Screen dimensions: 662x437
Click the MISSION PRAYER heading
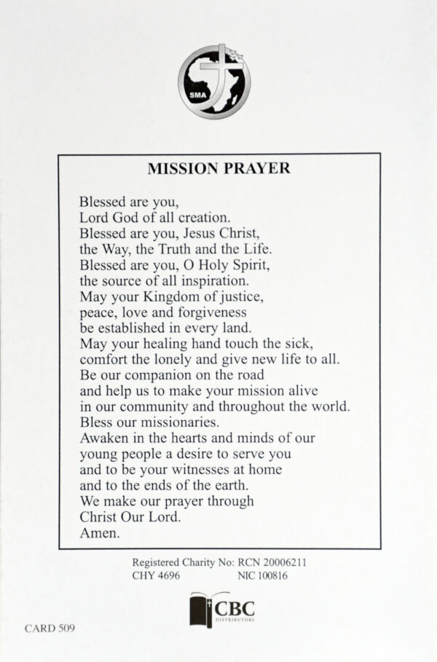coord(219,168)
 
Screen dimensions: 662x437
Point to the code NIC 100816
coord(264,576)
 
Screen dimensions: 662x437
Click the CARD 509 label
coord(50,627)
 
